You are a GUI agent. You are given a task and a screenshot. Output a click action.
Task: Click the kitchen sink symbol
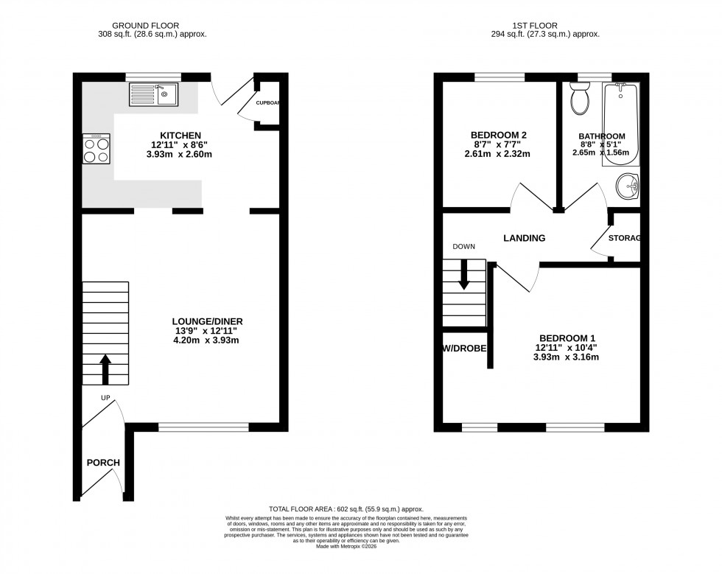(153, 94)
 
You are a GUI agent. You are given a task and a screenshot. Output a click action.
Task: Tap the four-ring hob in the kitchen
(97, 149)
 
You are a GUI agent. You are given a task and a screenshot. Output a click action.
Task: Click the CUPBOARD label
(267, 103)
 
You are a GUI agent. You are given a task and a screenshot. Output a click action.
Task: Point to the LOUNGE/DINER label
(208, 321)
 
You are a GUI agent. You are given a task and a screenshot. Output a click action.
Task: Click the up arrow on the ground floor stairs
(105, 368)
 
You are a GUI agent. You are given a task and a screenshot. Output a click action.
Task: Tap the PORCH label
(103, 463)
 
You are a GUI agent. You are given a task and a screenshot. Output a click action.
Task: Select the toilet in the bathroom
(579, 98)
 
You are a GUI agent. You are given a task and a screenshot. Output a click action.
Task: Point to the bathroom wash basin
(628, 186)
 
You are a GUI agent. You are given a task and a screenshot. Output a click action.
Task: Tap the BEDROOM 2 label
(498, 135)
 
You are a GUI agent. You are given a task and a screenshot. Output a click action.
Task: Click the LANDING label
(524, 238)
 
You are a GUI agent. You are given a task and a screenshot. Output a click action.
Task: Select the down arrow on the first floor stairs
(463, 276)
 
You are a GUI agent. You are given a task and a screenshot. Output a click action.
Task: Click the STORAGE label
(625, 238)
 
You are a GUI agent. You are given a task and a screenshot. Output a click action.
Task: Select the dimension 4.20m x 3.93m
(208, 340)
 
